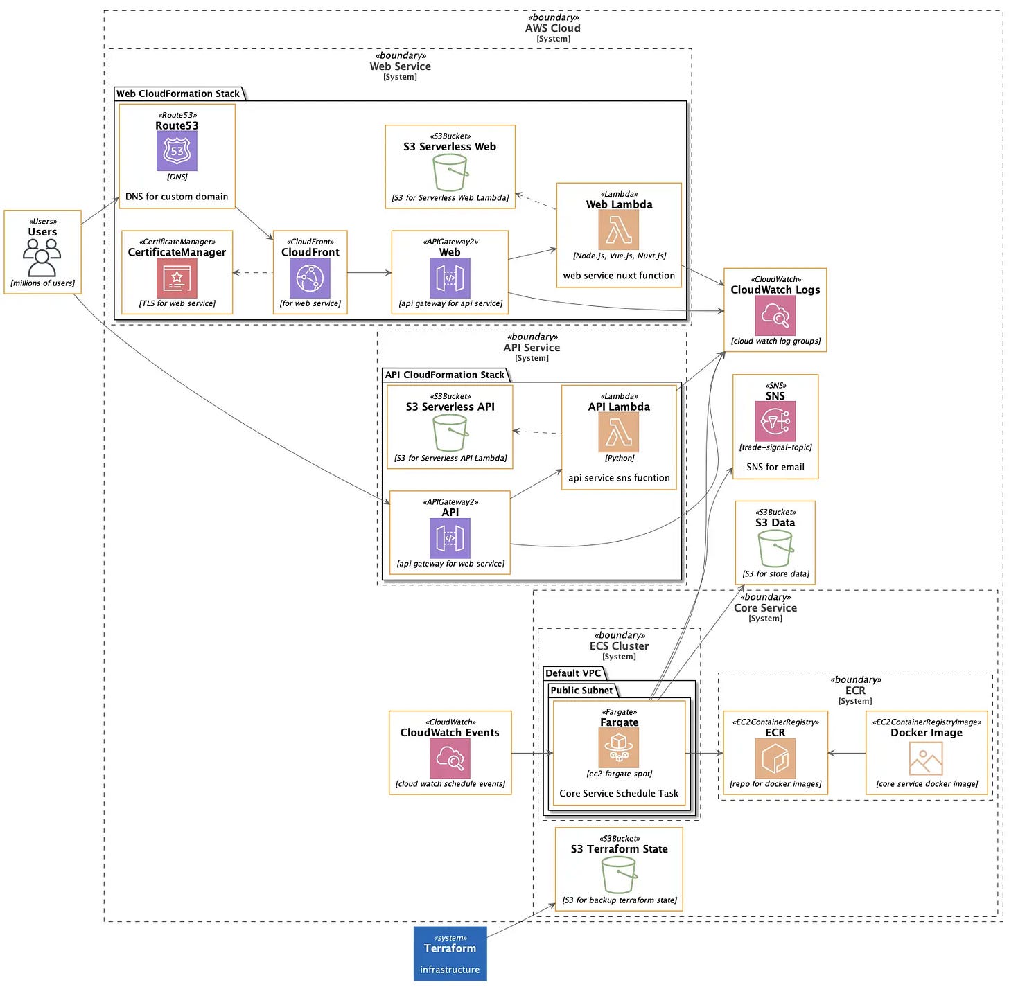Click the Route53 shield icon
[x=177, y=151]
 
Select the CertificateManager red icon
[x=177, y=278]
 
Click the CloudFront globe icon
[x=310, y=278]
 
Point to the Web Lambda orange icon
[x=618, y=230]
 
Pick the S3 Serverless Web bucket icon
[x=450, y=172]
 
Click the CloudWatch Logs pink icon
[x=775, y=315]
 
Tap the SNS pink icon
[x=775, y=421]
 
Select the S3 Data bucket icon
[x=775, y=549]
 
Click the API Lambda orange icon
[x=618, y=432]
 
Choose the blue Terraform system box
[x=450, y=954]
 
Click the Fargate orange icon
[x=618, y=747]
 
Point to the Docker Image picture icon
[x=926, y=758]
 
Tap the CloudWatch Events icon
[x=450, y=758]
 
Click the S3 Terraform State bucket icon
[x=619, y=875]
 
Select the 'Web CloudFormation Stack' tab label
[x=178, y=94]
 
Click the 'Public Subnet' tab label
[x=581, y=691]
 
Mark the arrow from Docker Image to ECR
[x=847, y=753]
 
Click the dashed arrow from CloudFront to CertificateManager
[x=253, y=273]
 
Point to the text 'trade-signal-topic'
[x=775, y=447]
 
